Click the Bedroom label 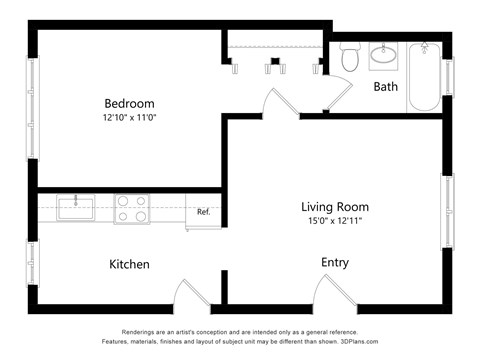tap(129, 103)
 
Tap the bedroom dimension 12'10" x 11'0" tap(129, 118)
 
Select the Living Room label tap(335, 207)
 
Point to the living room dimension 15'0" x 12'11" tap(335, 221)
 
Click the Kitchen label tap(129, 264)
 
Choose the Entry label tap(334, 262)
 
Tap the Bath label tap(385, 87)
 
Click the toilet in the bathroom tap(350, 59)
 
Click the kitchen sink tap(76, 208)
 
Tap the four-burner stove tap(130, 208)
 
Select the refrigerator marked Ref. tap(203, 211)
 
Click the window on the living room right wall tap(447, 211)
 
